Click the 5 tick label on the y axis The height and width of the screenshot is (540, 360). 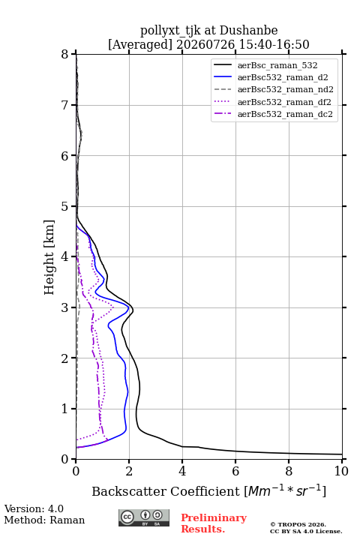point(65,206)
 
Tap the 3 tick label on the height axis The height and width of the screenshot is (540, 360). point(65,307)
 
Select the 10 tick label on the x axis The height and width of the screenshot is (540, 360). point(341,471)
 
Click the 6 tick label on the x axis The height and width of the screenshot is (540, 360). point(235,471)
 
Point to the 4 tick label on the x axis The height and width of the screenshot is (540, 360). point(182,471)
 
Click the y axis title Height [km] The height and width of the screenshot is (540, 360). point(49,257)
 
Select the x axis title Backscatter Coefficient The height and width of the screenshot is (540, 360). point(166,491)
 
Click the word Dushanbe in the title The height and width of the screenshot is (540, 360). point(248,31)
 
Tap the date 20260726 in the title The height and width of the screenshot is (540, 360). point(205,44)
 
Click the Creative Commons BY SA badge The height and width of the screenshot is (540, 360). point(144,518)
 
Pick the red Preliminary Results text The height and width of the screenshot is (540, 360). point(214,523)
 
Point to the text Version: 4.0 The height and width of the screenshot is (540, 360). point(34,508)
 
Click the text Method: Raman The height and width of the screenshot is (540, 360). point(44,520)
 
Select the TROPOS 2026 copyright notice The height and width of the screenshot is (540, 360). point(298,524)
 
